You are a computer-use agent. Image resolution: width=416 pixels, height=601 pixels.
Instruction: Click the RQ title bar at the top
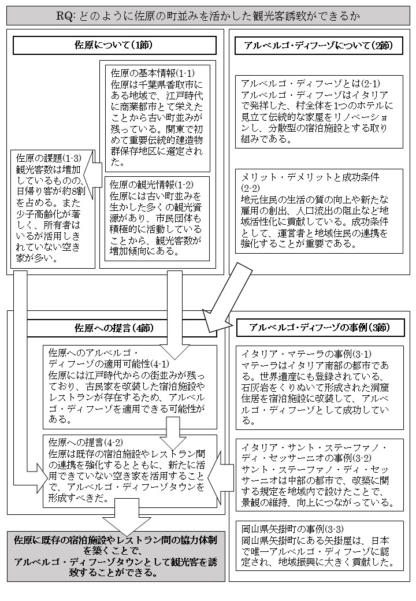point(207,16)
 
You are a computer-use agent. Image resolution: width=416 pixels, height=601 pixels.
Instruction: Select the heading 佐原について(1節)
point(114,46)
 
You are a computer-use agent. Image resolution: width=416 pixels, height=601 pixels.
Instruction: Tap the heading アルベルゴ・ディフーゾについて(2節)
point(319,46)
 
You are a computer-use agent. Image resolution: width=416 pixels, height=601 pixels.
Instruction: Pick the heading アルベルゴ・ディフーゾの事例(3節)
point(319,328)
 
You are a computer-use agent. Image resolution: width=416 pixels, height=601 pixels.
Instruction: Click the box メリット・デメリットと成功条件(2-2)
point(319,210)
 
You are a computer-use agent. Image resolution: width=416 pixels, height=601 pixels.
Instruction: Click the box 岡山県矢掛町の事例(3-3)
point(319,546)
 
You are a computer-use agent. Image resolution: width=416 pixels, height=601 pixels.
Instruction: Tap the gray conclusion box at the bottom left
point(116,557)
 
